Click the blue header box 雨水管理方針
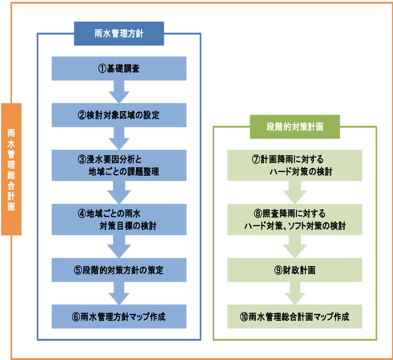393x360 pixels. coord(119,33)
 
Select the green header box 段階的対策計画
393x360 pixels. coord(295,126)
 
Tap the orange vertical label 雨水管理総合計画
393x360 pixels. coord(11,169)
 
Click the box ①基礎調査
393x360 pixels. coord(119,69)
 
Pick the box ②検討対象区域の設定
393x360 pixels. coord(119,115)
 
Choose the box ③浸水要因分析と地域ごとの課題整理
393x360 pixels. coord(119,165)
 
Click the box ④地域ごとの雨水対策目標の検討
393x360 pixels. coord(119,220)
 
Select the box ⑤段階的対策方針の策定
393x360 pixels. coord(119,270)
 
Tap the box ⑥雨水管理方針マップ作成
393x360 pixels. coord(119,317)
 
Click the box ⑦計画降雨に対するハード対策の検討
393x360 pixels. coord(295,165)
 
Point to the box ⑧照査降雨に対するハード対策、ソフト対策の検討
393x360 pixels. coord(295,220)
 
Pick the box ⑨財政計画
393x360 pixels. coord(295,270)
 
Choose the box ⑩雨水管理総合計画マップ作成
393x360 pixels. coord(295,317)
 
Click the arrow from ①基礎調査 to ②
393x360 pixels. coord(119,92)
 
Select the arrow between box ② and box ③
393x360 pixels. coord(119,138)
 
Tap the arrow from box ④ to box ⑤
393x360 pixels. coord(119,247)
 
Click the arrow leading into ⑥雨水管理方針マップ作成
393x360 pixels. coord(119,293)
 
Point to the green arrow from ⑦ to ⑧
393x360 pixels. coord(295,192)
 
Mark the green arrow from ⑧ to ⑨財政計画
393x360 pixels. coord(295,247)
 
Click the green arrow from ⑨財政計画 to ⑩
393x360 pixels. coord(295,293)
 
